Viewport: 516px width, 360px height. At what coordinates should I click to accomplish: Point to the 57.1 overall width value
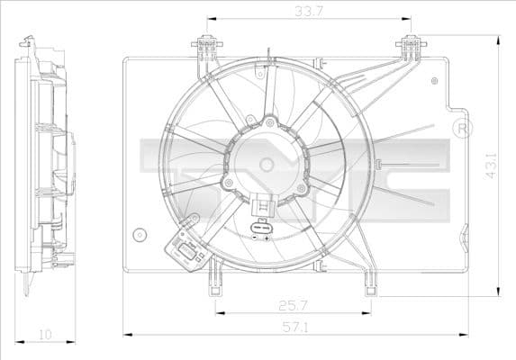(x=289, y=325)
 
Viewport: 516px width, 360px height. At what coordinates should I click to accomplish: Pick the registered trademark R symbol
(x=463, y=128)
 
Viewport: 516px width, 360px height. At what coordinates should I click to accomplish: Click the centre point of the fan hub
(x=266, y=164)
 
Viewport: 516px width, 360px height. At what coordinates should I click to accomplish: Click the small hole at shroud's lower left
(x=138, y=236)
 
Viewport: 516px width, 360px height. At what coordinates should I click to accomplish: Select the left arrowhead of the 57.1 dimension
(x=126, y=334)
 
